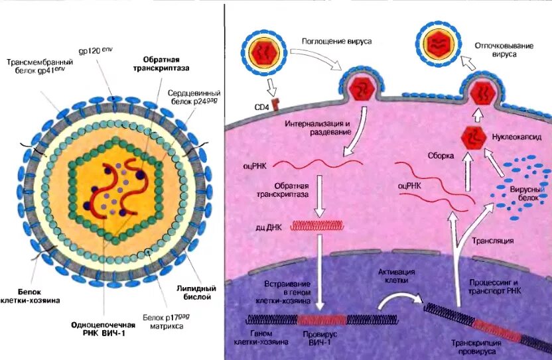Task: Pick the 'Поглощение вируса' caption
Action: tap(336, 40)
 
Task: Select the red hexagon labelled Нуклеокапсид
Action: tap(472, 138)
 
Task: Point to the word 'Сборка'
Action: tap(441, 156)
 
